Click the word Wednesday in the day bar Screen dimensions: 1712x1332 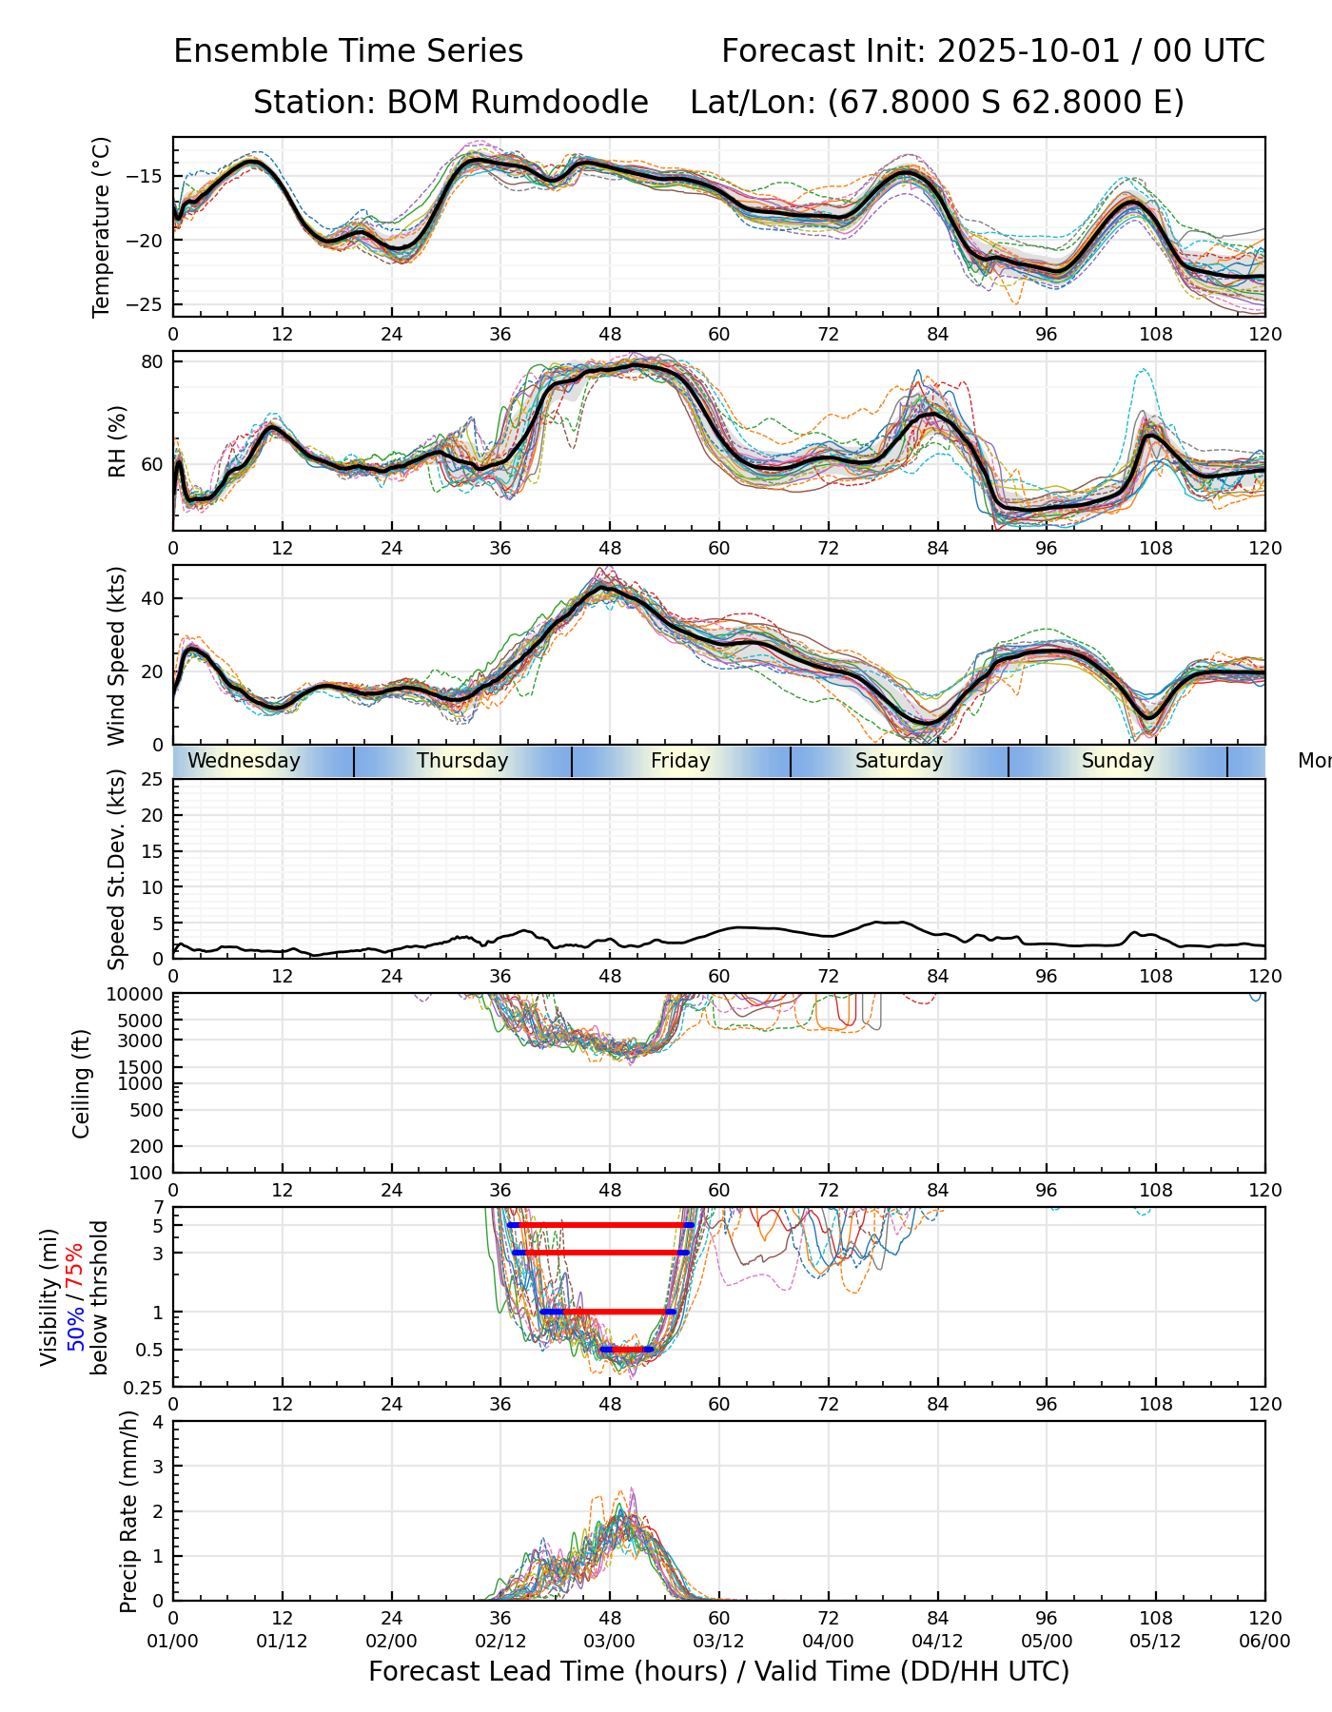[244, 761]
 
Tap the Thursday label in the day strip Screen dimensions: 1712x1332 [462, 761]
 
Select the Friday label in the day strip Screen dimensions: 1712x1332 [680, 761]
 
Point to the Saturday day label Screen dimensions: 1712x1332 [898, 761]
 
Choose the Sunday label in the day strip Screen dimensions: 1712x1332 [1117, 761]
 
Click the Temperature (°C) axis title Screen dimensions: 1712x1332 [102, 226]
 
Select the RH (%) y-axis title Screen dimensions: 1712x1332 [117, 441]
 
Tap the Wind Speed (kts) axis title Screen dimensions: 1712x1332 [116, 655]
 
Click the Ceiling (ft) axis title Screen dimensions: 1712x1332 [82, 1083]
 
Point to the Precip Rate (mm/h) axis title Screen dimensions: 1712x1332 [128, 1511]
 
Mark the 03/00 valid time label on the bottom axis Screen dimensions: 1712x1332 [610, 1641]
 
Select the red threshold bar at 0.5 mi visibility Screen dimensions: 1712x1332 [627, 1349]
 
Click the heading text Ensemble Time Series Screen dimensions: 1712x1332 [348, 51]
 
